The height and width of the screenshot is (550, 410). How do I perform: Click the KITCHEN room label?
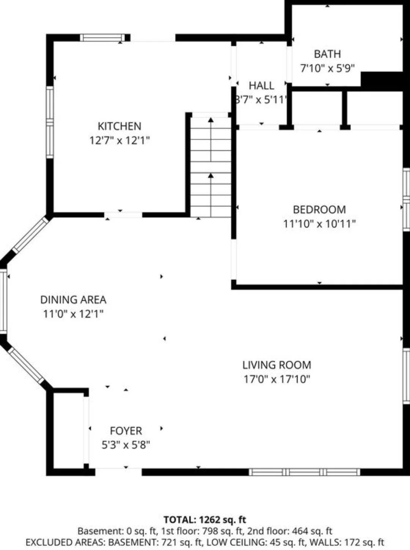119,126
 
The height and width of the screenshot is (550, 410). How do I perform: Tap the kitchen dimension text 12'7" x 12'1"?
120,141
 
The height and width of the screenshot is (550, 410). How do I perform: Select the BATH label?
327,54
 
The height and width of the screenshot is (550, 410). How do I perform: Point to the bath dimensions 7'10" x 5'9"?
327,68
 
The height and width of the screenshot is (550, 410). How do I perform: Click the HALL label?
262,86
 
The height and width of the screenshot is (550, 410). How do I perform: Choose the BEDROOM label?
319,209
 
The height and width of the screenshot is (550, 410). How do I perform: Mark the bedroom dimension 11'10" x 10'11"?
319,224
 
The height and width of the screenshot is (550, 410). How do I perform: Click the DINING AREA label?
73,300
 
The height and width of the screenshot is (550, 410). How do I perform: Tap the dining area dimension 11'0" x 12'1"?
73,314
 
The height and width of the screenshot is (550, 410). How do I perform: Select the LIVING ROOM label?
277,365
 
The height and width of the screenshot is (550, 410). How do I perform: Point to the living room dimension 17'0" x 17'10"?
277,379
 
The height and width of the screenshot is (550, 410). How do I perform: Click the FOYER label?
126,431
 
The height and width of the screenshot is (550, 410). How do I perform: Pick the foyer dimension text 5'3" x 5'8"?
126,445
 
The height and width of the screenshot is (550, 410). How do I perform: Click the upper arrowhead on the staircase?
211,120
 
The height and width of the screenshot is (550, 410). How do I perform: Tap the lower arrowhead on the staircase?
211,176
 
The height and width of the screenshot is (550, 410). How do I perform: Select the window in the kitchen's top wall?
102,38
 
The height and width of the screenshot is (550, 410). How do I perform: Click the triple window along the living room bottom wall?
304,472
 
